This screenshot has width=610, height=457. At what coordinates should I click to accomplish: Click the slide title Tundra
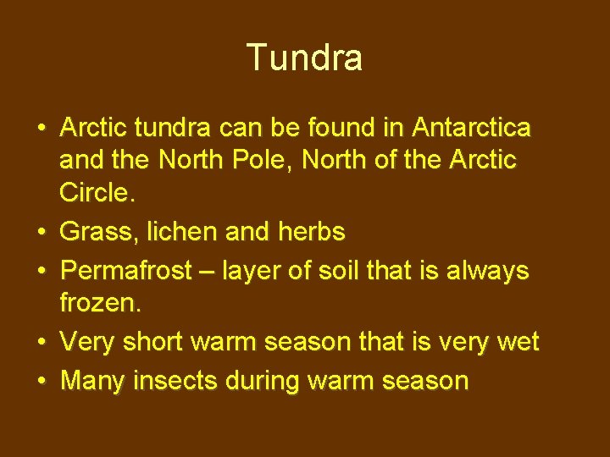305,58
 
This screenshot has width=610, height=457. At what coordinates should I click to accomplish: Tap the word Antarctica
471,128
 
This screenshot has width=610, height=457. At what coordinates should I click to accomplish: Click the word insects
180,381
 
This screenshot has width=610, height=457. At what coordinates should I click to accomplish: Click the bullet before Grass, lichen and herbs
42,230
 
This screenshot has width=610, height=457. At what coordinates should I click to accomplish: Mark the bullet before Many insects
42,381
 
